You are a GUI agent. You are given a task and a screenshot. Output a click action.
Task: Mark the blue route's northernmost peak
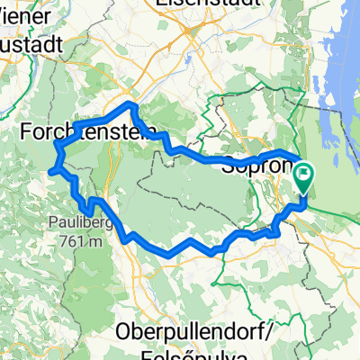[x=132, y=105]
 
